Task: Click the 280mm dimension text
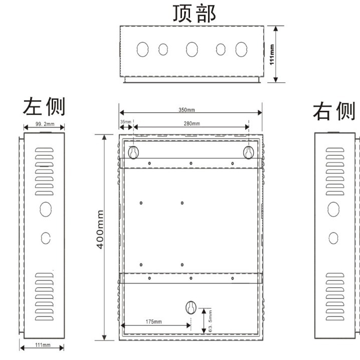pyautogui.click(x=192, y=123)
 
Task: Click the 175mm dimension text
pyautogui.click(x=154, y=321)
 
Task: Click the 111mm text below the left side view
pyautogui.click(x=43, y=345)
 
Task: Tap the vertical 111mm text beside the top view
pyautogui.click(x=272, y=54)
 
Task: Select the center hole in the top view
pyautogui.click(x=192, y=49)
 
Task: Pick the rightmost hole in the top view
pyautogui.click(x=242, y=49)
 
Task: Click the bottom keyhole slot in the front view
pyautogui.click(x=191, y=307)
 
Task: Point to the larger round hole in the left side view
pyautogui.click(x=45, y=208)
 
